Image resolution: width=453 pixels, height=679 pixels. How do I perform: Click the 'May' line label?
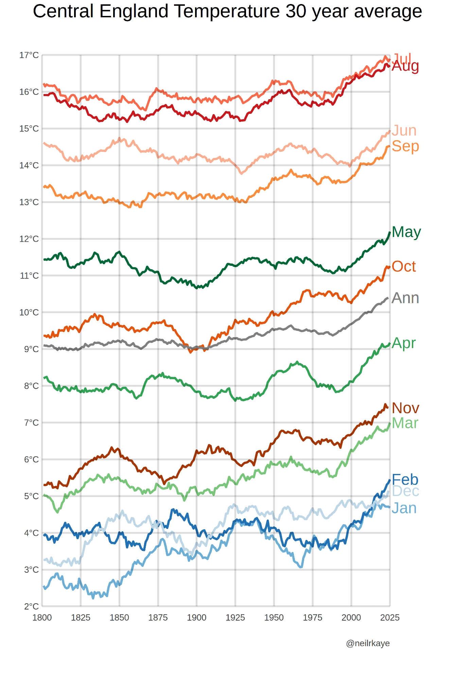coord(406,232)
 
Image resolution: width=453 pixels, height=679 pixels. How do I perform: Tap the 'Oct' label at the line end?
coord(403,267)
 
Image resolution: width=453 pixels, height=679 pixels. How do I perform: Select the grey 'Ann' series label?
coord(405,298)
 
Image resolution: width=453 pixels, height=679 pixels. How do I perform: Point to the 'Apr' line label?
coord(403,343)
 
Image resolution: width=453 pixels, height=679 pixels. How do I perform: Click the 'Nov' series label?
coord(405,408)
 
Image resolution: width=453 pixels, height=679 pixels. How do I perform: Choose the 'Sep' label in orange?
coord(405,146)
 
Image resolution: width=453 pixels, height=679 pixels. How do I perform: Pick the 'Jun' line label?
coord(404,131)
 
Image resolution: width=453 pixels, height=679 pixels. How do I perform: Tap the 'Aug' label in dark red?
coord(405,66)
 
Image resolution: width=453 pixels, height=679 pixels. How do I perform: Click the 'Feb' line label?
coord(405,480)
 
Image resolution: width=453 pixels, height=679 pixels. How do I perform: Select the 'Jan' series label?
coord(404,508)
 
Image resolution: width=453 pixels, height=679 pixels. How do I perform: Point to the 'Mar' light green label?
coord(405,423)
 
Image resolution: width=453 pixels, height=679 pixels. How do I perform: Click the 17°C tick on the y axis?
coord(29,55)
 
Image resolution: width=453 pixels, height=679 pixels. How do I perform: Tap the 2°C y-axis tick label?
coord(31,606)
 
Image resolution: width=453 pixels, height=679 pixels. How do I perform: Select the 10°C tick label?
coord(29,312)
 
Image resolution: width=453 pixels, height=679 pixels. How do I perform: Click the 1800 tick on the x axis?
coord(42,618)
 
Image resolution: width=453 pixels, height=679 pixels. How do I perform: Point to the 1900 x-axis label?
coord(196,618)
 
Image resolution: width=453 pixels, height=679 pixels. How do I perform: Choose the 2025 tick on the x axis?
coord(390,618)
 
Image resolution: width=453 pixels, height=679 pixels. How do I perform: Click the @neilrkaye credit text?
coord(368,643)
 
